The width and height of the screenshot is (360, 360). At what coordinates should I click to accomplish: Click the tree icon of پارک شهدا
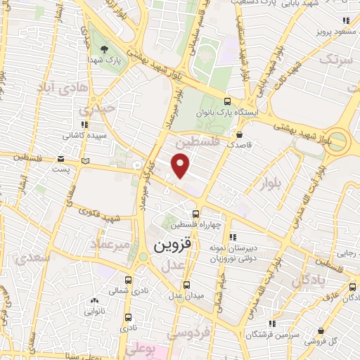click(105, 49)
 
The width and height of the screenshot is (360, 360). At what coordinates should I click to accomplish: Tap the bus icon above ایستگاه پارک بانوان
click(226, 101)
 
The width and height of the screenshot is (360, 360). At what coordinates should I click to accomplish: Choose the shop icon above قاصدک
click(240, 134)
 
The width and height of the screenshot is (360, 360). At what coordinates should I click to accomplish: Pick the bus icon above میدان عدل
click(186, 285)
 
